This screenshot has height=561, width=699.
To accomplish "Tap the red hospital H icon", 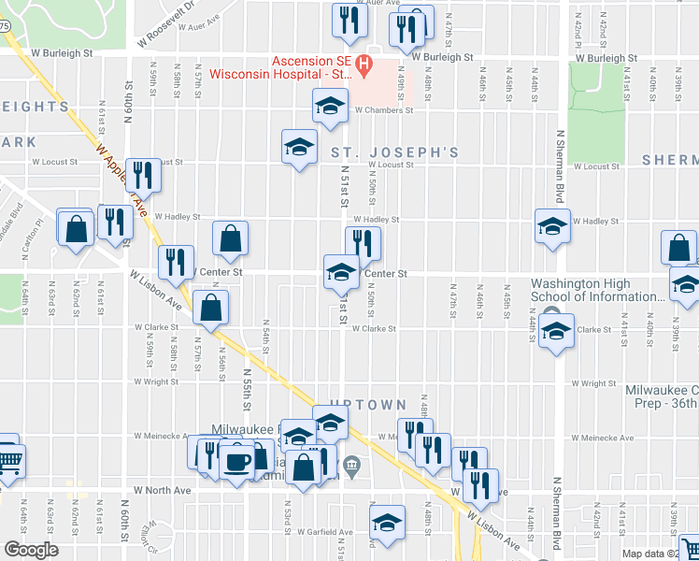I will click(x=364, y=65).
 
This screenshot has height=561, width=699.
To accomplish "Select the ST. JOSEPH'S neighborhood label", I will click(x=392, y=151).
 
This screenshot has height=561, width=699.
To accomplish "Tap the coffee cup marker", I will click(x=236, y=461).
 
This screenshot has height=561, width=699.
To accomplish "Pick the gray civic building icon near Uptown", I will click(x=351, y=464).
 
